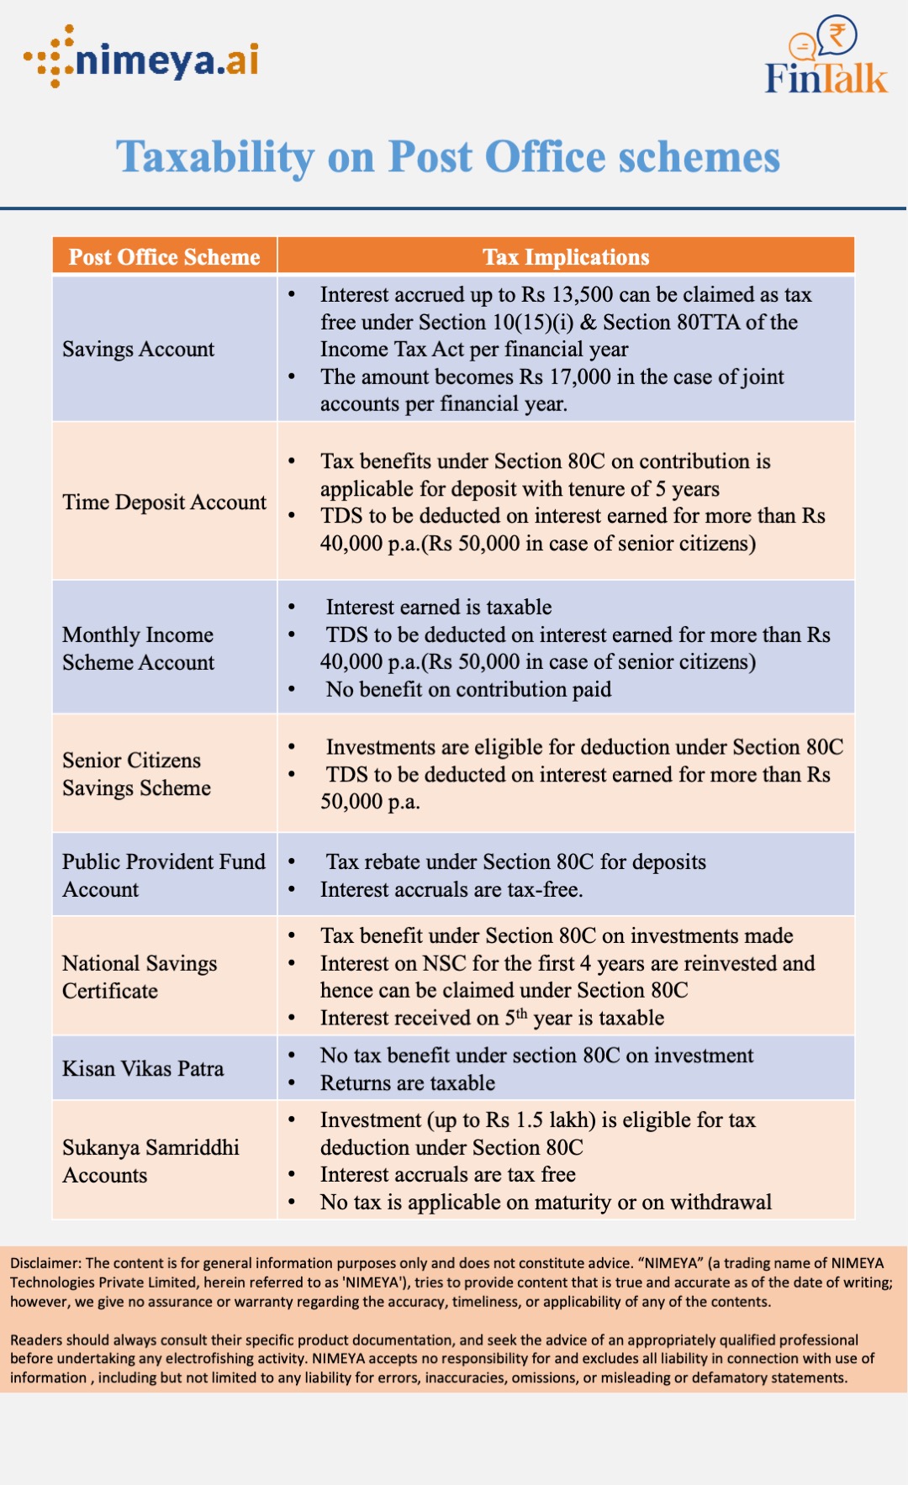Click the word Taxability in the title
pos(215,157)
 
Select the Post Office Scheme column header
pos(165,257)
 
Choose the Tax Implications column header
pos(566,257)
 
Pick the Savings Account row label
pos(139,349)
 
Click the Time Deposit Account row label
pos(164,502)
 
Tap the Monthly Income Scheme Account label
pos(139,648)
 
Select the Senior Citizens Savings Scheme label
pos(136,774)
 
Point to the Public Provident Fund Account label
pos(163,875)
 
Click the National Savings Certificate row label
pos(140,977)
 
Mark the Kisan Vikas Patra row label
pos(143,1068)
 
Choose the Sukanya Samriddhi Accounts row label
pos(150,1161)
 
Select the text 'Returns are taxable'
pos(408,1083)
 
